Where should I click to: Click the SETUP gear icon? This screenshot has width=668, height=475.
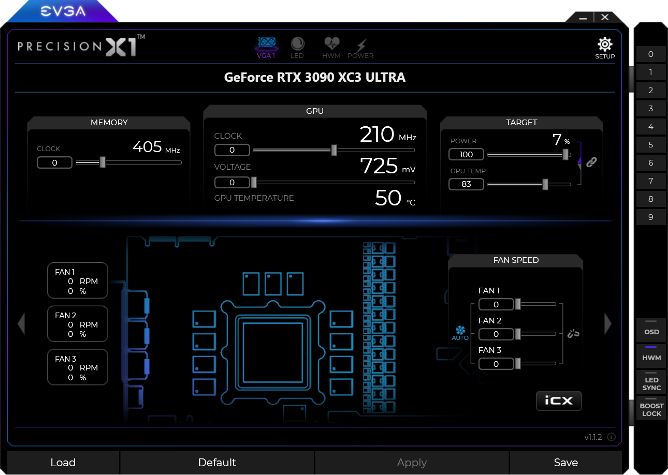click(x=605, y=44)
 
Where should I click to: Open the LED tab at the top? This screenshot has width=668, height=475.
click(x=297, y=48)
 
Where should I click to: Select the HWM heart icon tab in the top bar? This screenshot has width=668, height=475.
click(x=331, y=48)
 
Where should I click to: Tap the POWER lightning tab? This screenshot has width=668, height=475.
click(x=360, y=48)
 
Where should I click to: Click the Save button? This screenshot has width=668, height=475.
click(x=565, y=462)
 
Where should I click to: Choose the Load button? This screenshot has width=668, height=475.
click(x=63, y=462)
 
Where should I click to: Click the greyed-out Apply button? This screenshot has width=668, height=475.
click(x=412, y=462)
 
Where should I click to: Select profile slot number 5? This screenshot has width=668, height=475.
click(x=651, y=145)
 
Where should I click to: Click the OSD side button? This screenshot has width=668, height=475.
click(x=651, y=331)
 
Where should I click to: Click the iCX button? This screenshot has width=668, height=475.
click(x=559, y=401)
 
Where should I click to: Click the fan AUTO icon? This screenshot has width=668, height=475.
click(x=460, y=333)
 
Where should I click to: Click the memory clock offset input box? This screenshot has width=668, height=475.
click(x=54, y=162)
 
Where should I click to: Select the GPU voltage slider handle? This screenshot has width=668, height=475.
click(x=254, y=182)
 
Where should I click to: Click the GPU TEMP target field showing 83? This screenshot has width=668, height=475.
click(x=466, y=184)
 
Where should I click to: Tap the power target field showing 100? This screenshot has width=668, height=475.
click(x=466, y=154)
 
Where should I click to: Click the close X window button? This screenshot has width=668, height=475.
click(x=605, y=17)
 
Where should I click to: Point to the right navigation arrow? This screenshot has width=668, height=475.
click(x=608, y=323)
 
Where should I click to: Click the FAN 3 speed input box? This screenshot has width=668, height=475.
click(x=496, y=364)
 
